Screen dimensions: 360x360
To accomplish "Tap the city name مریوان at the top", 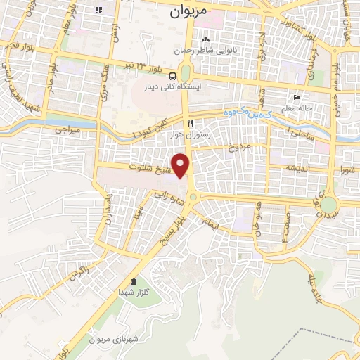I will point(190,12).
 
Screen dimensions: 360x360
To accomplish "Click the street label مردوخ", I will point(239,147).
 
